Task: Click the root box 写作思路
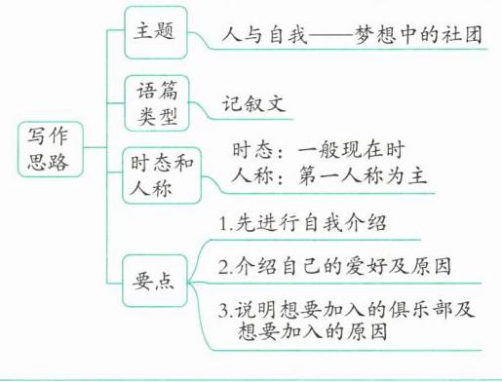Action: (51, 149)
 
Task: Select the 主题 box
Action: (156, 32)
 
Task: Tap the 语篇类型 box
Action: (157, 103)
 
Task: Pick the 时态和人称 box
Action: (162, 175)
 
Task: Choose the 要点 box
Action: (155, 281)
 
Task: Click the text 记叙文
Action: (253, 104)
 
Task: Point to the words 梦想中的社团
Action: (418, 34)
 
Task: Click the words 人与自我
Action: (264, 34)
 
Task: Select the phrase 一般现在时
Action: (351, 150)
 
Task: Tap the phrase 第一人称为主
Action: (363, 175)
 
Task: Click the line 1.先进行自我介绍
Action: (303, 223)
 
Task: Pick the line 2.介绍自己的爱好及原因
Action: (334, 266)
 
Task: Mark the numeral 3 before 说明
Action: (223, 311)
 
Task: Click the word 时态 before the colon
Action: (252, 150)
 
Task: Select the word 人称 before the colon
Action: (252, 175)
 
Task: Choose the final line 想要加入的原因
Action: (313, 331)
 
